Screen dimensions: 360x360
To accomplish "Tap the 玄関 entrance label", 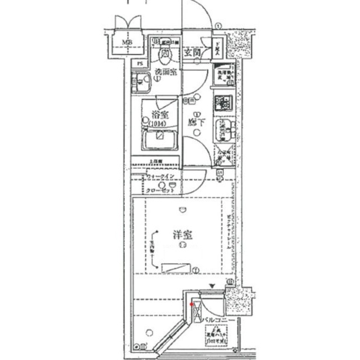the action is [x=192, y=52].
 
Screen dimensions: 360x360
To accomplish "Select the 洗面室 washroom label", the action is [x=165, y=71].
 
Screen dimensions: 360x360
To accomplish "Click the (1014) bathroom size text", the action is [x=159, y=124].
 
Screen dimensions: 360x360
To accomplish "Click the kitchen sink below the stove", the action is [x=224, y=130].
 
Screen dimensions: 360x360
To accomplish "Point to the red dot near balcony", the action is [x=192, y=305].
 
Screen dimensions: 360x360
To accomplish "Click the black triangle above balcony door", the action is [x=211, y=287].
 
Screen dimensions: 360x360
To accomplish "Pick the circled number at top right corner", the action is [x=219, y=25].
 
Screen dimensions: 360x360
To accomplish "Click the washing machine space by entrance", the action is [x=224, y=74].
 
